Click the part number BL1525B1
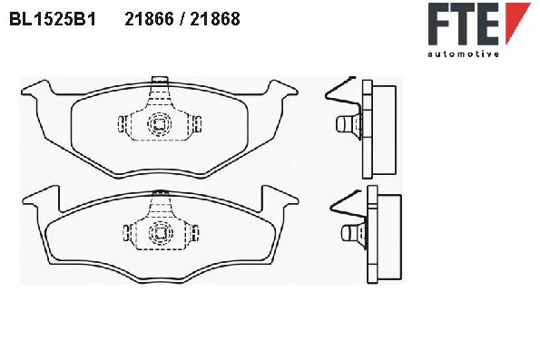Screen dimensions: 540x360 click(53, 19)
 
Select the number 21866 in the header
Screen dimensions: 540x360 click(149, 19)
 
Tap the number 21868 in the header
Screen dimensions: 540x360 click(215, 19)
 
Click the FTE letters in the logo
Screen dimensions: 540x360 click(464, 24)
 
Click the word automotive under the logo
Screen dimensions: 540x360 click(464, 54)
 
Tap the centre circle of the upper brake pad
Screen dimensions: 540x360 click(159, 124)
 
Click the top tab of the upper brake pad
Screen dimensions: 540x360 click(160, 80)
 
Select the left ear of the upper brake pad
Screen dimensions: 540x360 click(37, 89)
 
